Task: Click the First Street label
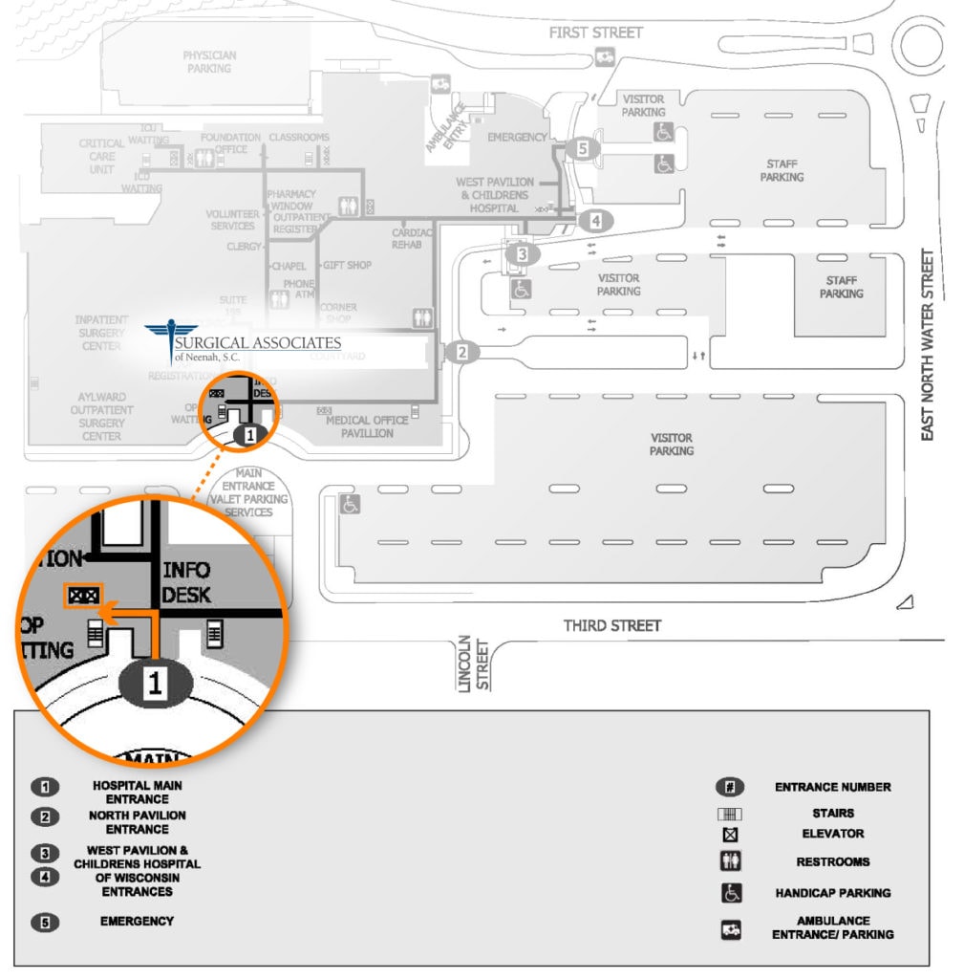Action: [595, 33]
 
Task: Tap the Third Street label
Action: [611, 625]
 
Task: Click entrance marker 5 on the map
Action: [582, 148]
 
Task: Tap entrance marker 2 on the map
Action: [462, 352]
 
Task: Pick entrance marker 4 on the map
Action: [596, 221]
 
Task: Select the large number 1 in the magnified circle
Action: [157, 682]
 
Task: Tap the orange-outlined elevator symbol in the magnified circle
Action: [81, 596]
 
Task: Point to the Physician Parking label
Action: [208, 62]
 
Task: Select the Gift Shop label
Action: [347, 265]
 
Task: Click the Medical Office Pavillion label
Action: [367, 426]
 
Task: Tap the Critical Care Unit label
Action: [102, 157]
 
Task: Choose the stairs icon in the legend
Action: [730, 815]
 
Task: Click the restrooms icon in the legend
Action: [730, 861]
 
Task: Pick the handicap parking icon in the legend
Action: [730, 893]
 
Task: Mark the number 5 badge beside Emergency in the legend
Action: [45, 923]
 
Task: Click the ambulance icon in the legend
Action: [730, 927]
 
